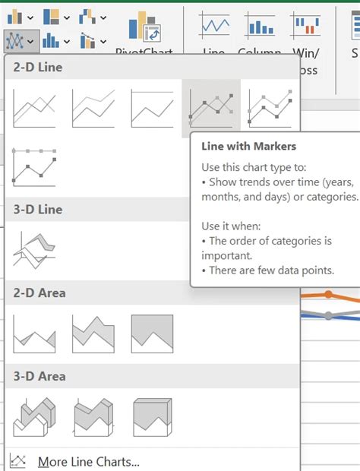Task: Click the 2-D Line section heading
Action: [x=38, y=67]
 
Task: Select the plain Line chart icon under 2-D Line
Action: [x=34, y=107]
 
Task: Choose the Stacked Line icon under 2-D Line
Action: [x=93, y=107]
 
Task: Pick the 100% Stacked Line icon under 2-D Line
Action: [x=153, y=107]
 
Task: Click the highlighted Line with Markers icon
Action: [x=212, y=107]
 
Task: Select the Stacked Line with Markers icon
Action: [x=270, y=107]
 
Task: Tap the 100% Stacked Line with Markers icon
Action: [x=34, y=166]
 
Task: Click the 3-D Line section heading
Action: [x=38, y=209]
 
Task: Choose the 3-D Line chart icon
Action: [x=34, y=248]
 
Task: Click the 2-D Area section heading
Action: [x=39, y=292]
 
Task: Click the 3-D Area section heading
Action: [x=39, y=376]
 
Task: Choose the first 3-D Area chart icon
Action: [x=34, y=417]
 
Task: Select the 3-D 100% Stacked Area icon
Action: [x=152, y=417]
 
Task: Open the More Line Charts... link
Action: [x=88, y=461]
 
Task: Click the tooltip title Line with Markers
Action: [x=248, y=146]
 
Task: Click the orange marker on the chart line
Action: [x=328, y=294]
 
